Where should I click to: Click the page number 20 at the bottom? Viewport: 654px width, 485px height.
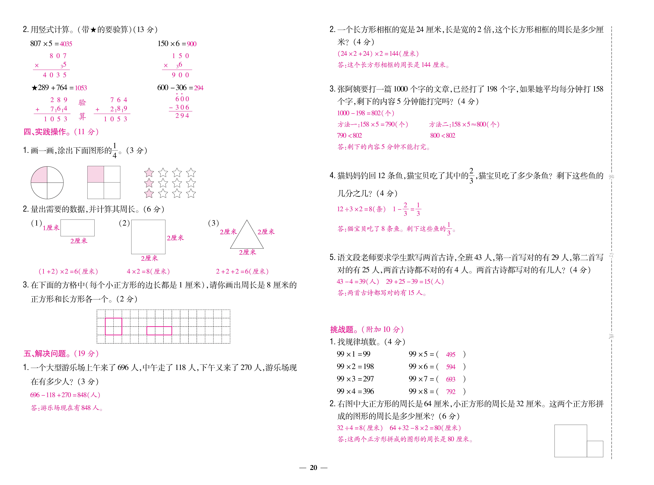tap(313, 468)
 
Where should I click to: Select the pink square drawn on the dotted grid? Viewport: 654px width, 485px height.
tap(113, 326)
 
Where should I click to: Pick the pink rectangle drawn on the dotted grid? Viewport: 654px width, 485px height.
tap(159, 331)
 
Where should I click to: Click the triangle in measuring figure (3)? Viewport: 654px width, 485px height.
tap(247, 238)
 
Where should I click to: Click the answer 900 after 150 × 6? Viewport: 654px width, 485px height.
tap(191, 44)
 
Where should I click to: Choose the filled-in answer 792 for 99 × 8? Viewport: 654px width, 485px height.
tap(450, 392)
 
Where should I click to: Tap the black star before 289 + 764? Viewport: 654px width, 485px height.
tap(34, 88)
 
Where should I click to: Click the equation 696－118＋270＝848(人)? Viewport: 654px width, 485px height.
tap(65, 395)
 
